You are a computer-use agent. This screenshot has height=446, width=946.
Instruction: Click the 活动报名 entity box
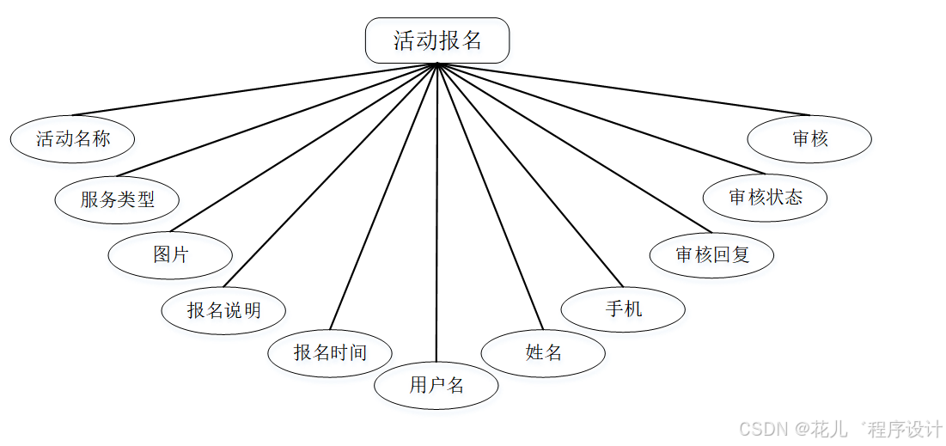pyautogui.click(x=437, y=41)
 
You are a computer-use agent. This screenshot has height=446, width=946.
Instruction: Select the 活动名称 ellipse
pyautogui.click(x=73, y=138)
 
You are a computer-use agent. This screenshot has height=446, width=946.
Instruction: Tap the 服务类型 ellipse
pyautogui.click(x=118, y=199)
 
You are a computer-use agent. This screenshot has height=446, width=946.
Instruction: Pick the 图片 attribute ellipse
pyautogui.click(x=170, y=254)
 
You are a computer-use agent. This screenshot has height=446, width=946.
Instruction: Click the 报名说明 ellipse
pyautogui.click(x=223, y=309)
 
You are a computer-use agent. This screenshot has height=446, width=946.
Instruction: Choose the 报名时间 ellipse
pyautogui.click(x=330, y=352)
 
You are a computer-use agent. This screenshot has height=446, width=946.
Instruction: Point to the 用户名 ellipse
pyautogui.click(x=436, y=385)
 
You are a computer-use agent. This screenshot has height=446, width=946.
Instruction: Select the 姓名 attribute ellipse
pyautogui.click(x=543, y=352)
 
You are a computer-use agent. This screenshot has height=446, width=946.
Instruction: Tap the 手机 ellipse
pyautogui.click(x=623, y=308)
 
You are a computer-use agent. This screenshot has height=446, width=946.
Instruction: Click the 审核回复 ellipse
pyautogui.click(x=712, y=254)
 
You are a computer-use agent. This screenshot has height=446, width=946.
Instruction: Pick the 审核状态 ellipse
pyautogui.click(x=765, y=198)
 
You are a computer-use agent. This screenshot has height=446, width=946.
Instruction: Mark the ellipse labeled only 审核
pyautogui.click(x=809, y=138)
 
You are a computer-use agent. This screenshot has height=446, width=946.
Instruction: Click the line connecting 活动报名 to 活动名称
pyautogui.click(x=258, y=89)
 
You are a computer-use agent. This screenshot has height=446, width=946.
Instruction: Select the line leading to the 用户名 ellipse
pyautogui.click(x=437, y=215)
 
